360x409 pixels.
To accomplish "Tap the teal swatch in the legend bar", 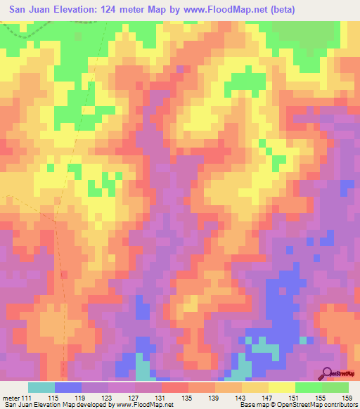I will [41, 388].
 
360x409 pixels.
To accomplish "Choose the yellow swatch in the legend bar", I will [282, 388].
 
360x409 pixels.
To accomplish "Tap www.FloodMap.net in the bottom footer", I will [143, 404].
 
